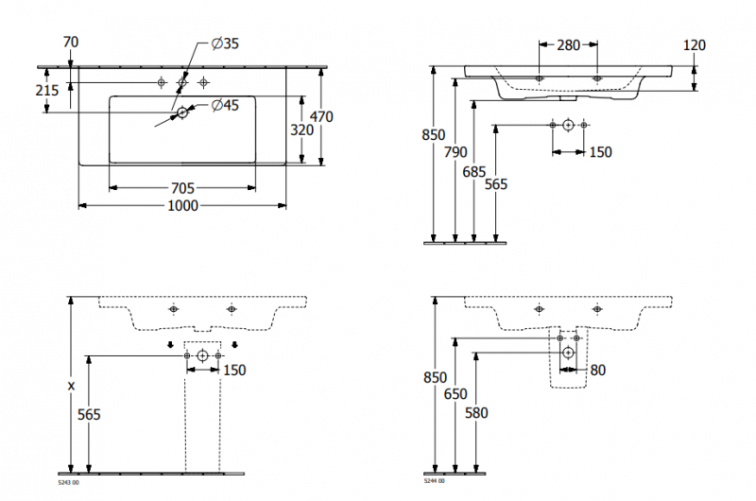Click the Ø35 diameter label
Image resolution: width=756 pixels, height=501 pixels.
click(x=225, y=43)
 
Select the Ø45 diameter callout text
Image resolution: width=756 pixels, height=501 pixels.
click(x=225, y=105)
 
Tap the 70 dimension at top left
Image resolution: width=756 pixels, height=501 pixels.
click(x=70, y=42)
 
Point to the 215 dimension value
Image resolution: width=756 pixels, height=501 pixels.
click(x=46, y=91)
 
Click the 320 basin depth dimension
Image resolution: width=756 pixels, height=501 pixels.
click(x=301, y=130)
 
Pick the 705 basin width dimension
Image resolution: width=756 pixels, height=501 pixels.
click(x=182, y=188)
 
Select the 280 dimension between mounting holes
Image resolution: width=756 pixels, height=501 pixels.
click(x=568, y=44)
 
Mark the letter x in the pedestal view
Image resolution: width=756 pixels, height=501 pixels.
click(x=71, y=387)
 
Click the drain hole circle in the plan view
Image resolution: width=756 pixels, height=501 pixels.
click(x=182, y=113)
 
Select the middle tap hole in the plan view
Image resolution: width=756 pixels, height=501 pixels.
click(x=182, y=81)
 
